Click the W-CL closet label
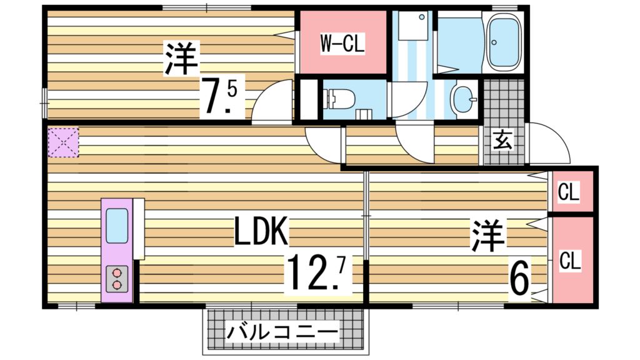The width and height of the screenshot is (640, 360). [x=342, y=44]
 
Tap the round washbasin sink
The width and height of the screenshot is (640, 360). [x=464, y=99]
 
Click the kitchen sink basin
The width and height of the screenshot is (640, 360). [x=117, y=226]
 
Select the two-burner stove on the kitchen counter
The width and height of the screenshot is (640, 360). [x=117, y=278]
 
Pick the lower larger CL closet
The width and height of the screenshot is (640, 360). [x=569, y=259]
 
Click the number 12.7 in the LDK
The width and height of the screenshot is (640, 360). [x=316, y=269]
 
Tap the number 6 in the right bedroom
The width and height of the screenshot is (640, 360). [x=519, y=277]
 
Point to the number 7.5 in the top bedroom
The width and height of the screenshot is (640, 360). [x=219, y=97]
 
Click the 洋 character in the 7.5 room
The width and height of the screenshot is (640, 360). [x=182, y=59]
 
